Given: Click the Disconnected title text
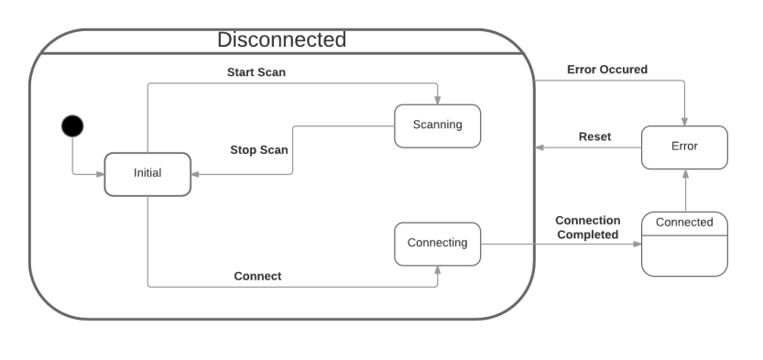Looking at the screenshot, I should (x=281, y=40).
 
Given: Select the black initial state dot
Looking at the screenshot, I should (x=71, y=125).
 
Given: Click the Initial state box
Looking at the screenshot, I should (x=147, y=173).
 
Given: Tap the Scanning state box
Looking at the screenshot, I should (x=437, y=125).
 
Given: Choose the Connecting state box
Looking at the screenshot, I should (x=437, y=244).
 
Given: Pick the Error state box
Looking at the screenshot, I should (x=684, y=147).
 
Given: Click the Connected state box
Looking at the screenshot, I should (x=684, y=223).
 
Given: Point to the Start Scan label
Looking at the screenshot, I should (x=256, y=71).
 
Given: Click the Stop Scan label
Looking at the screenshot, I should (x=258, y=149).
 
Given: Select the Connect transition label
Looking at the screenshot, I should (x=257, y=276).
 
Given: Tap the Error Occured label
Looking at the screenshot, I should (x=607, y=69).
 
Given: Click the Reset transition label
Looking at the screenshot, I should (x=594, y=136).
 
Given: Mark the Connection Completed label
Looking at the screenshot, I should (x=587, y=227).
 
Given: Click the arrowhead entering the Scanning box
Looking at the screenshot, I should (x=438, y=100).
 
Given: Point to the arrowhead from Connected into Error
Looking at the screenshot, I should (x=684, y=174).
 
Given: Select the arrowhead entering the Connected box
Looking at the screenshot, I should (x=636, y=245).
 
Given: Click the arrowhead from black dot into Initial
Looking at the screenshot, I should (x=100, y=173).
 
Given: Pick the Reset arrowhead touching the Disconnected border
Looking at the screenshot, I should (x=540, y=147).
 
